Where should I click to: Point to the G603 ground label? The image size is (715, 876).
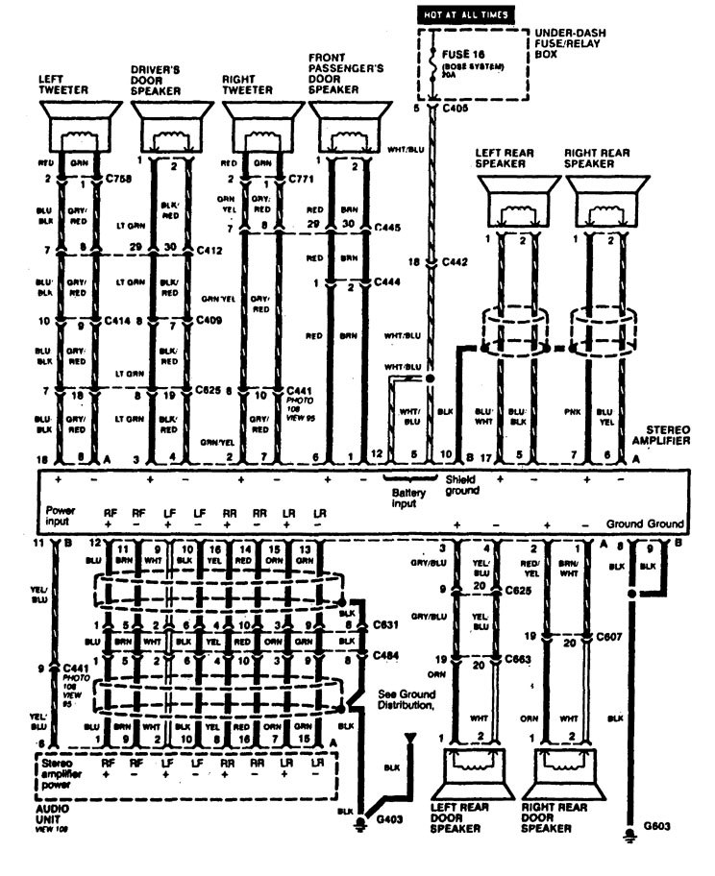(x=657, y=824)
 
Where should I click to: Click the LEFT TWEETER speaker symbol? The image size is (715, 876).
(x=81, y=124)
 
